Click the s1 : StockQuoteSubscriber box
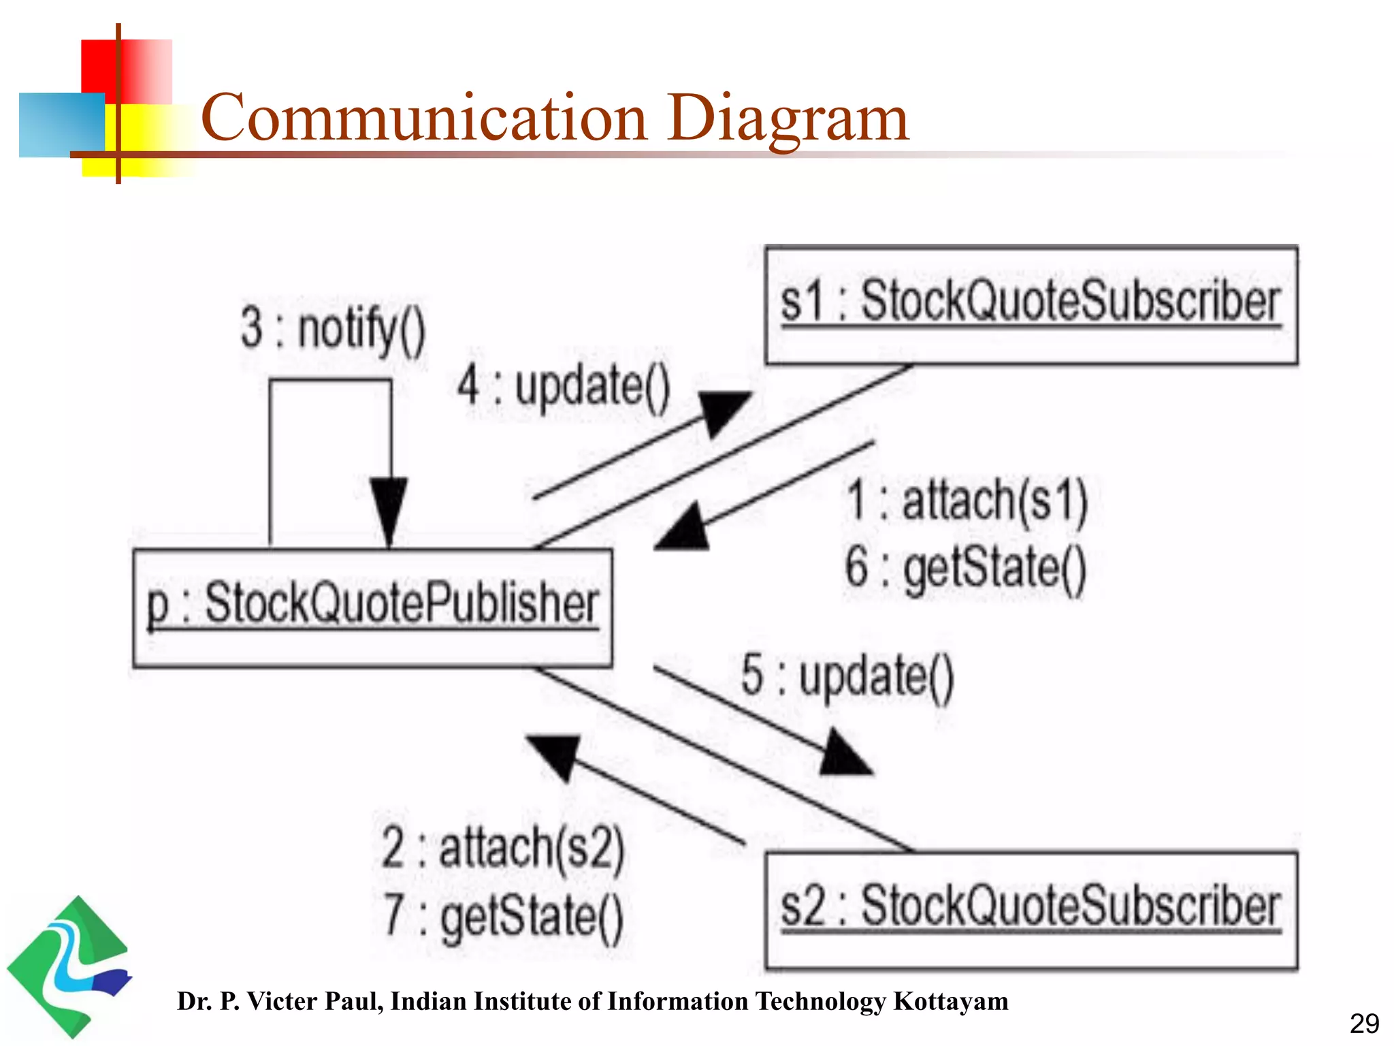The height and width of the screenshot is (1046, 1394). pyautogui.click(x=1031, y=304)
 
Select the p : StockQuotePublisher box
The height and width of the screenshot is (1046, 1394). pyautogui.click(x=372, y=607)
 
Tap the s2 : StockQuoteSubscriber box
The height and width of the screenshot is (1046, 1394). pyautogui.click(x=1031, y=910)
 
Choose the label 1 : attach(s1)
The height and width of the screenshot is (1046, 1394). pyautogui.click(x=967, y=501)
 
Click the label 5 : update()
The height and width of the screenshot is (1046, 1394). pyautogui.click(x=847, y=677)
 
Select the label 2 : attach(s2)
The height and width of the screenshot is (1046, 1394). pyautogui.click(x=503, y=848)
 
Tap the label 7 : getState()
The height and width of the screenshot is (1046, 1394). pyautogui.click(x=503, y=916)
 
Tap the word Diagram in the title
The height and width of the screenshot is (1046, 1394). pyautogui.click(x=787, y=118)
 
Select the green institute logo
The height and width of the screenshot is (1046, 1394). pyautogui.click(x=68, y=967)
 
